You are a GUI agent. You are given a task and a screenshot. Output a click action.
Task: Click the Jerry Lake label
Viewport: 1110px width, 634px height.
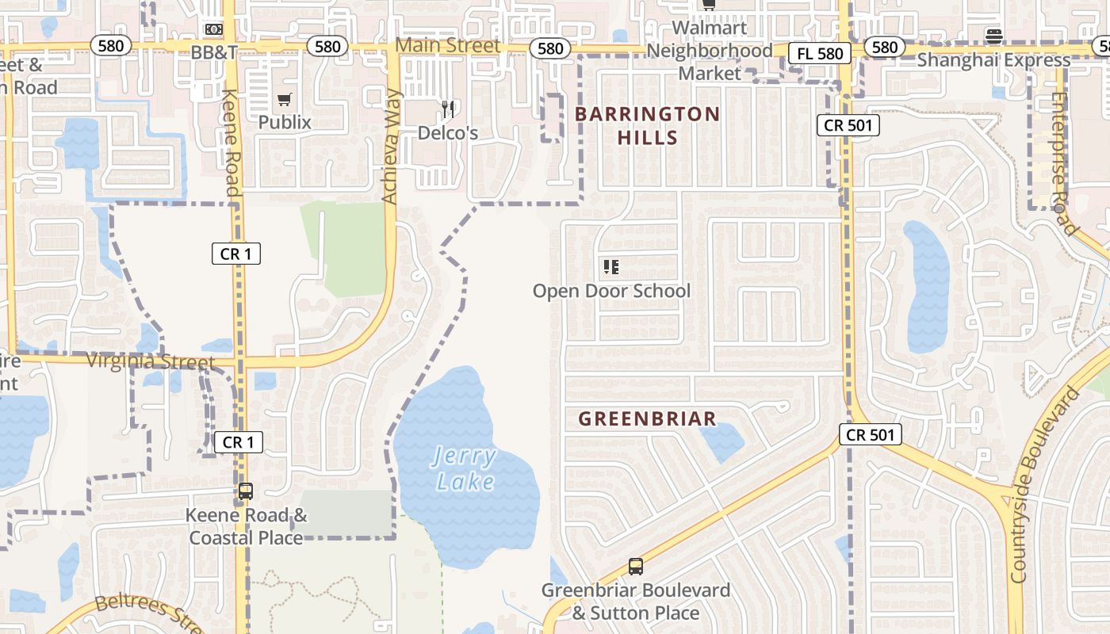[465, 469]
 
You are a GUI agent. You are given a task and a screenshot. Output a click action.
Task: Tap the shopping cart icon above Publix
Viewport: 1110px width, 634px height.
[284, 100]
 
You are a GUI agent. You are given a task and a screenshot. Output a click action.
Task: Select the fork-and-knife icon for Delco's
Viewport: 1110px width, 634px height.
[449, 109]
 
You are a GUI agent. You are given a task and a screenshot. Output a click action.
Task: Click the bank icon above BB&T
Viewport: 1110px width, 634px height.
[214, 30]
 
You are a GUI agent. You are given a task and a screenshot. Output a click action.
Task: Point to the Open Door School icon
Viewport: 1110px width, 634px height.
[610, 267]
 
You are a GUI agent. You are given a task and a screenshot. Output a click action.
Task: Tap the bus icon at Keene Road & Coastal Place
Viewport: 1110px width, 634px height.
[246, 491]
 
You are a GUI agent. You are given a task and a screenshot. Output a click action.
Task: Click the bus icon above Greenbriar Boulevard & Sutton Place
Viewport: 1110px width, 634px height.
[635, 567]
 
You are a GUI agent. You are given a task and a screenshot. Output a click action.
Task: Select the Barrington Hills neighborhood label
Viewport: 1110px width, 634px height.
[648, 125]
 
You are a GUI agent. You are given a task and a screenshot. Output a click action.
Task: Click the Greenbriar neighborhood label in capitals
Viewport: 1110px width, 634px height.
[648, 418]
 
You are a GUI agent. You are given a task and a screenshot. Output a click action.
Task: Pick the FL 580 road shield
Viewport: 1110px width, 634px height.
[820, 54]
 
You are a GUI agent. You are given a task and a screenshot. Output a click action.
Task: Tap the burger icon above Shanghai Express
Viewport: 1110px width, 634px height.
[994, 36]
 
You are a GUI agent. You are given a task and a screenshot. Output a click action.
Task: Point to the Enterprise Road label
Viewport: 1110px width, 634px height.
[1064, 163]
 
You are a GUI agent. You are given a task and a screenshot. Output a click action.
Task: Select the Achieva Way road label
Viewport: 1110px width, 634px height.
[391, 146]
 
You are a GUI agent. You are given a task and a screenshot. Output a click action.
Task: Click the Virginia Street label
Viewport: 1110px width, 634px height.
[151, 362]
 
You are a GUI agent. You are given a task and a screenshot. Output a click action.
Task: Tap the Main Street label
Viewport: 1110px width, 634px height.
[448, 46]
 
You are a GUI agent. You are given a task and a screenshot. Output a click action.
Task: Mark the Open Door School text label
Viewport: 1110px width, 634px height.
[611, 291]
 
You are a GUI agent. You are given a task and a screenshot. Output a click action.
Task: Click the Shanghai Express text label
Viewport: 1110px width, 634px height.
[993, 60]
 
